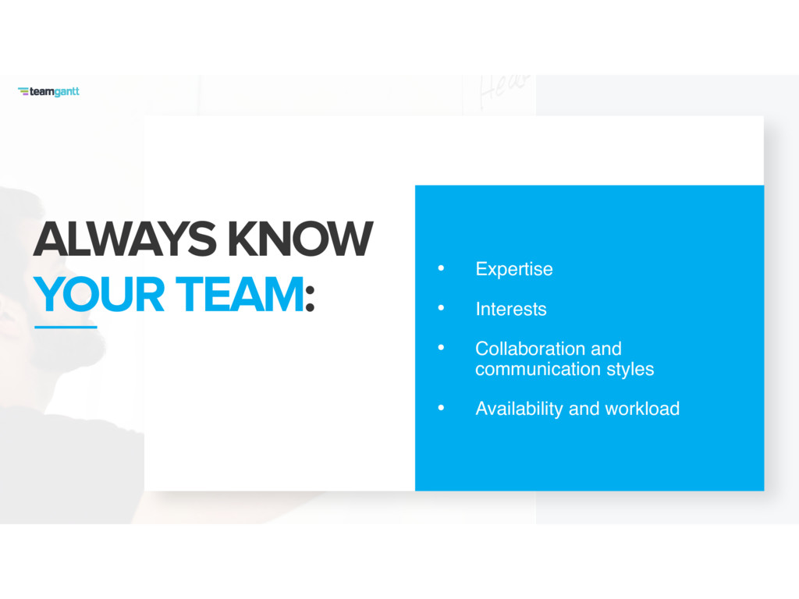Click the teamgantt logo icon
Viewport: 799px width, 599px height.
pyautogui.click(x=23, y=91)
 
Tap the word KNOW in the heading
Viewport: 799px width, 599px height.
pyautogui.click(x=300, y=239)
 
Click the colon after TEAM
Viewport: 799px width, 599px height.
pyautogui.click(x=310, y=298)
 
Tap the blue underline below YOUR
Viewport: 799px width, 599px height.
pyautogui.click(x=66, y=327)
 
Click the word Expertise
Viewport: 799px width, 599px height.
pyautogui.click(x=513, y=269)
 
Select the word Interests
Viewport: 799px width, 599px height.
pyautogui.click(x=510, y=309)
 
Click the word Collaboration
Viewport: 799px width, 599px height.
pyautogui.click(x=531, y=349)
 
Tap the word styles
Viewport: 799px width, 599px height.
pyautogui.click(x=630, y=369)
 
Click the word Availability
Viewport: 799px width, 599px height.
pyautogui.click(x=519, y=409)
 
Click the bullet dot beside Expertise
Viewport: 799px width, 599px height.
pyautogui.click(x=442, y=268)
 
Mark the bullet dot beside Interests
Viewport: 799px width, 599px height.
pyautogui.click(x=442, y=307)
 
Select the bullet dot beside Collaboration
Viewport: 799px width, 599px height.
pyautogui.click(x=442, y=347)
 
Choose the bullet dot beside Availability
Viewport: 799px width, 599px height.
pyautogui.click(x=442, y=407)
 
